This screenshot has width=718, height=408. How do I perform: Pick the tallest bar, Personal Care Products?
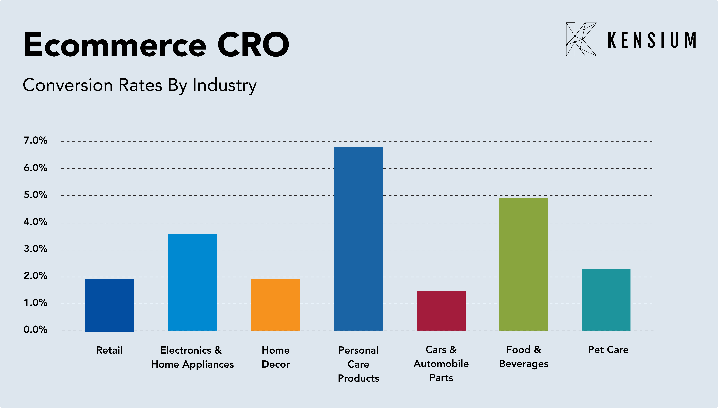point(358,239)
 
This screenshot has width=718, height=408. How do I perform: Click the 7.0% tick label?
point(36,140)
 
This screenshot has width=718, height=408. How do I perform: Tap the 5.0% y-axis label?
point(36,195)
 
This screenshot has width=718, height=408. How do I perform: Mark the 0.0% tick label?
point(36,330)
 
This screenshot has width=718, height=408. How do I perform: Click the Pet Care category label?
point(608,350)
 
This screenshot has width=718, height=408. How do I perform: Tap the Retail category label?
point(109,350)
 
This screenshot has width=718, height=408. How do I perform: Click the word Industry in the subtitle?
point(225,85)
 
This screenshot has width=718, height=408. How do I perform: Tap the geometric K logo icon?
point(581,39)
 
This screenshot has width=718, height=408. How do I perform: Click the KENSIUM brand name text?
point(652,40)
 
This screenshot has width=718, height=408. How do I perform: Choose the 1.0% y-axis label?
point(36,303)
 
